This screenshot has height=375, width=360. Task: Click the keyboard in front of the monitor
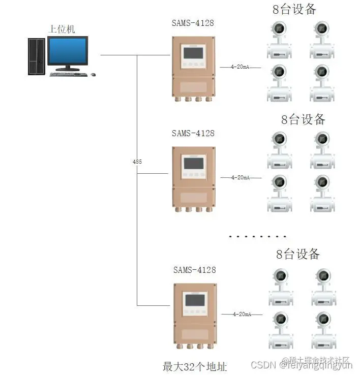point(69,74)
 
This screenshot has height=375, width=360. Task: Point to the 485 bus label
point(137,162)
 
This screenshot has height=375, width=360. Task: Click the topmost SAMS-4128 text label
point(193,24)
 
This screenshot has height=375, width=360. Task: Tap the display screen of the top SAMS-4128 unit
point(193,52)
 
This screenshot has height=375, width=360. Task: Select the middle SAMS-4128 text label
point(193,133)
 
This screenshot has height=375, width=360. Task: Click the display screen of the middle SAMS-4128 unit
point(193,163)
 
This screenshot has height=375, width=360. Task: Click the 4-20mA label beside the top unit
point(240,67)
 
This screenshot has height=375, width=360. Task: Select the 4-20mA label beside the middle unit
point(240,177)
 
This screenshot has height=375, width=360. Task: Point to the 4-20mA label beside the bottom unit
point(242,314)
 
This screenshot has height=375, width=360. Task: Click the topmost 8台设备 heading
point(294,9)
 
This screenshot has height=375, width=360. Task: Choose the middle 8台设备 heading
point(303,119)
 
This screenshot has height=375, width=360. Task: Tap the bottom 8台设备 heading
point(298,254)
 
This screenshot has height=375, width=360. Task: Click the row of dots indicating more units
point(258,236)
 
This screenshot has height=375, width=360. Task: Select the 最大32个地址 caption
point(194,366)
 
